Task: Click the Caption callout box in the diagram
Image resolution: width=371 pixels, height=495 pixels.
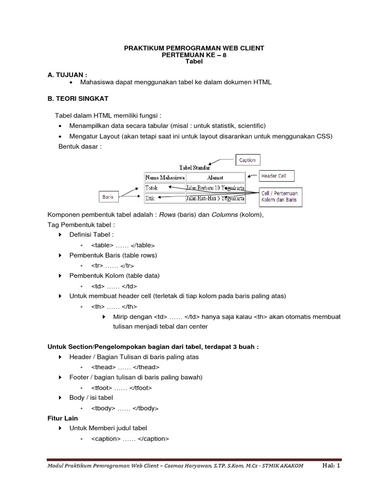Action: click(247, 160)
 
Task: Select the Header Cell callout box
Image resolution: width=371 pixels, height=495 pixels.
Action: click(276, 176)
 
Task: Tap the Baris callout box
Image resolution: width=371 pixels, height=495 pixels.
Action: click(107, 197)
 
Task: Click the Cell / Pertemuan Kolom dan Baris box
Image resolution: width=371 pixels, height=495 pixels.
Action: click(281, 197)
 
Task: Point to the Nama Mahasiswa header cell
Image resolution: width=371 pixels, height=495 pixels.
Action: click(165, 178)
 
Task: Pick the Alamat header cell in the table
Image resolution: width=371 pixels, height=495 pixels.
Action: click(215, 178)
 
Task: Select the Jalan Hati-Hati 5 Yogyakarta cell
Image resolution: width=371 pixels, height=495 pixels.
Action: click(215, 197)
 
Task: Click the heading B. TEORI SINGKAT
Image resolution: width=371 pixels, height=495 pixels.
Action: click(78, 99)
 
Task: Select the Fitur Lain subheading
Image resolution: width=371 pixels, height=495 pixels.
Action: click(62, 418)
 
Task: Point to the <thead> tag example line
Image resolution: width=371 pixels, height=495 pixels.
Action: click(125, 367)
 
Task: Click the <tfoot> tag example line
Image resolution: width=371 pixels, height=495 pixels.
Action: click(122, 388)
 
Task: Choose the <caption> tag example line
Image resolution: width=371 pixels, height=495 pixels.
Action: click(130, 439)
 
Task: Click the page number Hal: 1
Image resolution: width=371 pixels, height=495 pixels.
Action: click(331, 466)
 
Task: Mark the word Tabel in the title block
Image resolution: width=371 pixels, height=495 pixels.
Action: click(194, 62)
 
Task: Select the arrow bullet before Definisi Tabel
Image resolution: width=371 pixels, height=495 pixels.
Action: click(60, 235)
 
